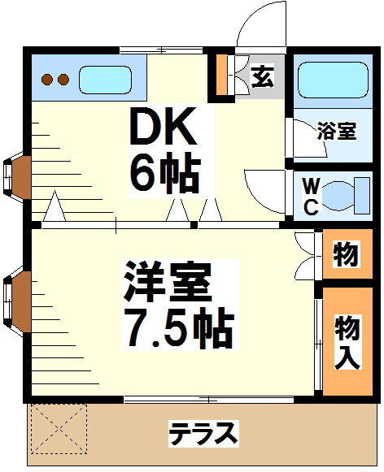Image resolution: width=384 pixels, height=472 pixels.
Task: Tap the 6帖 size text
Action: (166, 171)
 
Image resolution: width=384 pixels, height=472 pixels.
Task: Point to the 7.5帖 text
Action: (178, 326)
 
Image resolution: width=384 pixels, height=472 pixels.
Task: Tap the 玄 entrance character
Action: (262, 77)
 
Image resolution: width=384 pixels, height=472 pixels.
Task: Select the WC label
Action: (311, 195)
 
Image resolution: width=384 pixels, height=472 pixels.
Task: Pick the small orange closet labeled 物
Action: (345, 254)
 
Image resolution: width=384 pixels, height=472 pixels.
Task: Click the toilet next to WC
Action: (345, 195)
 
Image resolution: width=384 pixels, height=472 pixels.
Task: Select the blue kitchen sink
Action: (106, 80)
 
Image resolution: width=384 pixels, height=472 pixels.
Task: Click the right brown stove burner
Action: (63, 80)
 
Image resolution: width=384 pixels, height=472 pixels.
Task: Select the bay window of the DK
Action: (18, 174)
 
